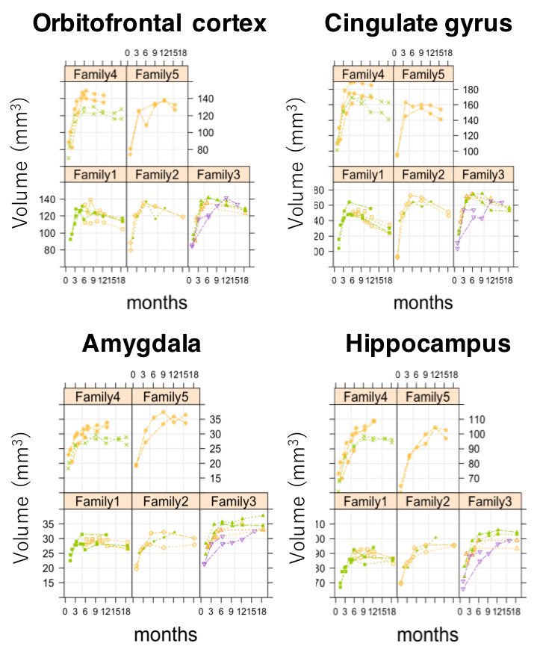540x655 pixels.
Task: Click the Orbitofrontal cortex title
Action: (x=150, y=24)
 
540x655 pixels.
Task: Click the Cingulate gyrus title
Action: (x=418, y=24)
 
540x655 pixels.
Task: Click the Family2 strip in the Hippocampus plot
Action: (x=427, y=502)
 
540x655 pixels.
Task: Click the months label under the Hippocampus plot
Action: (x=426, y=634)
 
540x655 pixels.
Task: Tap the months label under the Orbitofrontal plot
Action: (x=156, y=302)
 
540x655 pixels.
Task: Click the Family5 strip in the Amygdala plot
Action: (x=166, y=396)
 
